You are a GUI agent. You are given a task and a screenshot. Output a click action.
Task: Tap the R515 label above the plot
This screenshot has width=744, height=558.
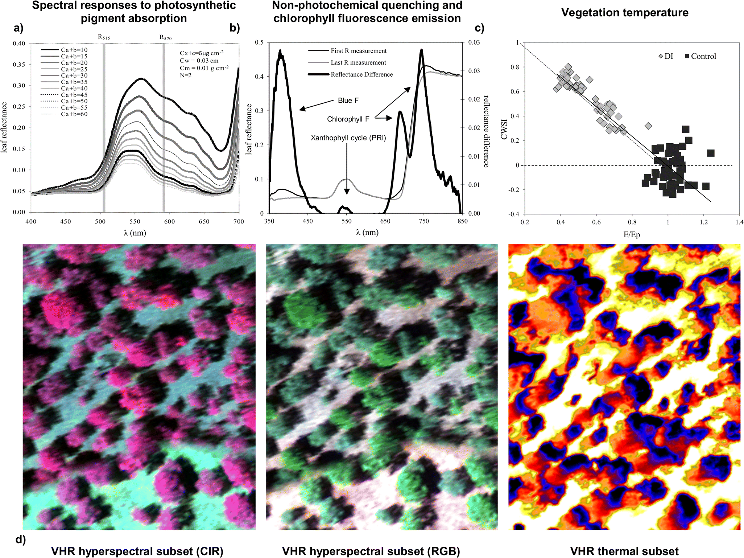[104, 37]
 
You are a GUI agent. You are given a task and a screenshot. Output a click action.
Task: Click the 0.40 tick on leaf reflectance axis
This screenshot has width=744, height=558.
[19, 44]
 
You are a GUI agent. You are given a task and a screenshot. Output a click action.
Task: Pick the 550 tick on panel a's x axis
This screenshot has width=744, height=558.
[135, 221]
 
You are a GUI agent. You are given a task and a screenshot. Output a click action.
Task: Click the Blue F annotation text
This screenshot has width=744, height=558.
[348, 100]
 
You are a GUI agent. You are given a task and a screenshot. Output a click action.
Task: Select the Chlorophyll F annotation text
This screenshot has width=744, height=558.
[348, 119]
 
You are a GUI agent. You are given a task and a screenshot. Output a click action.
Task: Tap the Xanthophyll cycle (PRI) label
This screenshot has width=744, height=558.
[348, 138]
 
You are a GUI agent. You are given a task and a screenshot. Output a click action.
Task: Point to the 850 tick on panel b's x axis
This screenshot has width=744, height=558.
[462, 221]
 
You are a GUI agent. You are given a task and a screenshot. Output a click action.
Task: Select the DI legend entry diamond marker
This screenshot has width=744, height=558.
[661, 56]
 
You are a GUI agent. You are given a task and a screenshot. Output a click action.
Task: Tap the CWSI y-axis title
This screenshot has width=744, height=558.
[504, 130]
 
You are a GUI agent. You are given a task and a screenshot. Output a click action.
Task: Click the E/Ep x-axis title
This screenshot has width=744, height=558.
[632, 235]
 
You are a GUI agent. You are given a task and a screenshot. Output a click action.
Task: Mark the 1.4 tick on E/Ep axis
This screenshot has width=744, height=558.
[739, 222]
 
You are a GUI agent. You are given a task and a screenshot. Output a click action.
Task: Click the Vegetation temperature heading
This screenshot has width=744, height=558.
[624, 12]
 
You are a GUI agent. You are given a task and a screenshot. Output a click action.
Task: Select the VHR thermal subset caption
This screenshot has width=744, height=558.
[624, 551]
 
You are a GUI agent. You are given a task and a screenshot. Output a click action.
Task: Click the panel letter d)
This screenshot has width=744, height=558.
[21, 539]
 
